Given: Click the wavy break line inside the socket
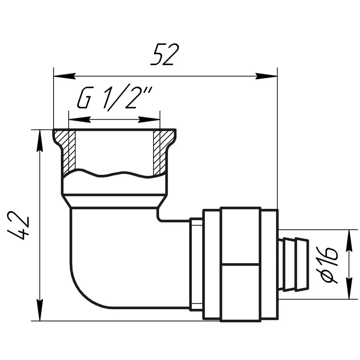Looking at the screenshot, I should (114, 174).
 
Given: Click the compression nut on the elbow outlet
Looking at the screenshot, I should (240, 264).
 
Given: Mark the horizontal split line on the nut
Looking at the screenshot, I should (240, 264).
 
